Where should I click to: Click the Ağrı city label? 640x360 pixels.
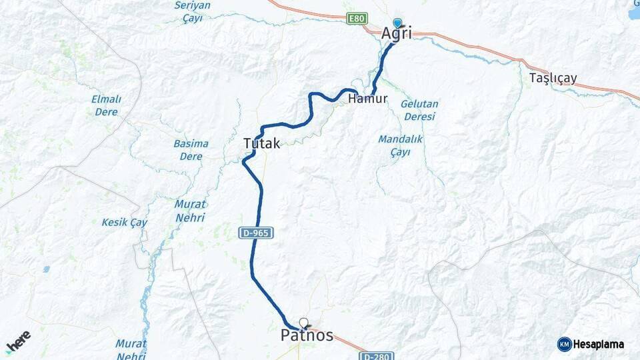[x=397, y=33]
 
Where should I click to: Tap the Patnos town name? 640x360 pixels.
[x=307, y=335]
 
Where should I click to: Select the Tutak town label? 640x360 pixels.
[x=261, y=143]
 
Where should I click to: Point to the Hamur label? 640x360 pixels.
[x=367, y=99]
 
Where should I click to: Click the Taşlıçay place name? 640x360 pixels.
[x=553, y=78]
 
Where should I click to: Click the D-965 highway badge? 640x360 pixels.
[x=256, y=233]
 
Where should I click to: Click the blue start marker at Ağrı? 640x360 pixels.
[x=398, y=23]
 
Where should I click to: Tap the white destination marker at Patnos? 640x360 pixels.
[x=304, y=323]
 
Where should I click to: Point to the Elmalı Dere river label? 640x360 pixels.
[x=107, y=105]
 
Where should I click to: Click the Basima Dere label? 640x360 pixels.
[x=191, y=149]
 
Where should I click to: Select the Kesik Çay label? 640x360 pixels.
[x=124, y=222]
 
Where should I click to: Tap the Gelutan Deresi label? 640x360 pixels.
[x=419, y=110]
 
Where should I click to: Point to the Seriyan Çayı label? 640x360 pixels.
[x=192, y=11]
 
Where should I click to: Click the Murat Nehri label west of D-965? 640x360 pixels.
[x=190, y=210]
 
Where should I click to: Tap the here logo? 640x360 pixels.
[x=19, y=341]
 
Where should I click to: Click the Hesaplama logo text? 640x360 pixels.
[x=599, y=345]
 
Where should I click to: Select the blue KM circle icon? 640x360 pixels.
[x=565, y=345]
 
